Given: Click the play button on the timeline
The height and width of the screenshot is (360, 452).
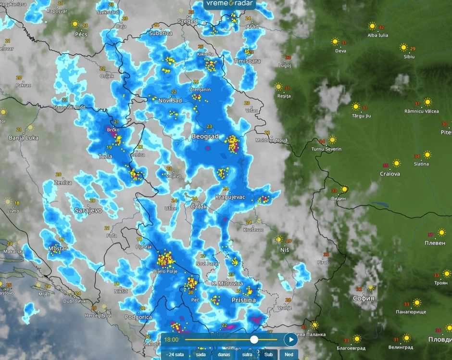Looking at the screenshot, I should point(290,339).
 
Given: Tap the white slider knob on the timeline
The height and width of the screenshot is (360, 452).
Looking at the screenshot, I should point(254,339).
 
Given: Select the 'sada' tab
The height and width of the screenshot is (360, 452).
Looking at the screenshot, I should point(201,355).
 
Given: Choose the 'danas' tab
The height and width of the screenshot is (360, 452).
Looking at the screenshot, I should point(224,355).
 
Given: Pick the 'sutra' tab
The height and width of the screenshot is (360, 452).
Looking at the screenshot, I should point(247,355).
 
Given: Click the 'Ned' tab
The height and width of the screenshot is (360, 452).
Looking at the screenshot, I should point(289,355).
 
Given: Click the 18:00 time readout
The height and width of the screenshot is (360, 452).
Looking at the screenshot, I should point(172,339).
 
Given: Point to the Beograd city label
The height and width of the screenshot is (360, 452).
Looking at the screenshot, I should point(205,137).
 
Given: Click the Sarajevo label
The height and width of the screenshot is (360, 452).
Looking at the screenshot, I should point(88,211).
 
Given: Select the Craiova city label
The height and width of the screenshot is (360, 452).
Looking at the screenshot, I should point(390,174).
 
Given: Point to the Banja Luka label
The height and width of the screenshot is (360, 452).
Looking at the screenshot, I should point(23,138).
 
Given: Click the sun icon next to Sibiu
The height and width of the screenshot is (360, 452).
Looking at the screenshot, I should point(403,48).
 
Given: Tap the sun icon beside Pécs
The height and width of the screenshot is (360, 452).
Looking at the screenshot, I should point(75,24).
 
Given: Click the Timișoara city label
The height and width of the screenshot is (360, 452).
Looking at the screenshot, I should point(247,61).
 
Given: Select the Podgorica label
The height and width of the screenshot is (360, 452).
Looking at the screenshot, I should point(138,317).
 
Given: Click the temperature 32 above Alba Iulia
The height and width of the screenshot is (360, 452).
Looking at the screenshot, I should point(381,27).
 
